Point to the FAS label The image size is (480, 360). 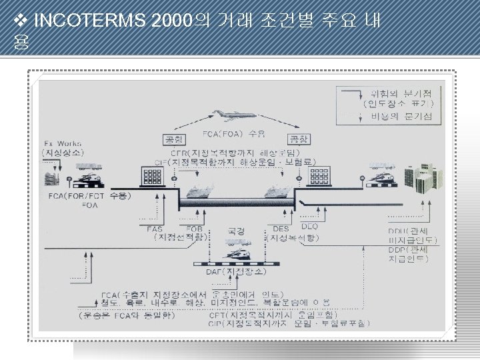point(154,228)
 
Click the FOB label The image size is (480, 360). point(195,228)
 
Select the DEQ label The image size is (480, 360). point(310,226)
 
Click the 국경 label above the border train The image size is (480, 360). point(236,231)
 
